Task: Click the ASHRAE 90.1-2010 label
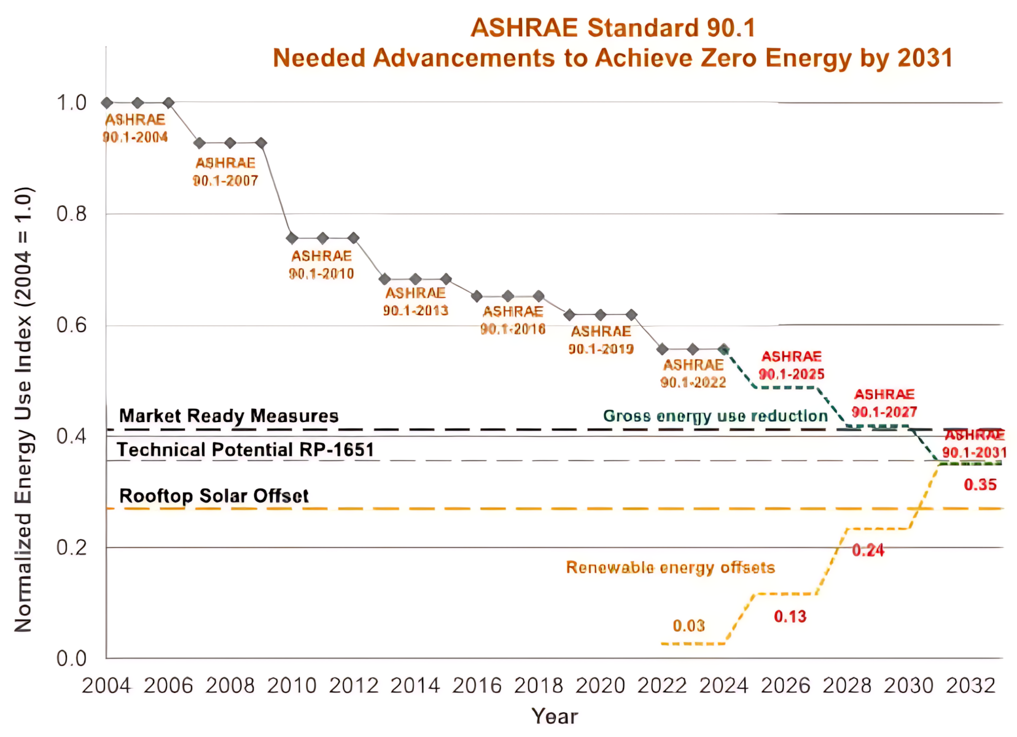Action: pos(321,265)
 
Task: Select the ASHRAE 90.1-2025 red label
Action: pos(791,365)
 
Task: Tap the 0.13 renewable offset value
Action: pos(790,617)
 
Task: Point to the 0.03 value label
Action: pos(688,626)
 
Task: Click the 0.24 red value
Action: pos(868,550)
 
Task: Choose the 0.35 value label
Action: pos(980,485)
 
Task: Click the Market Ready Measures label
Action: pos(228,416)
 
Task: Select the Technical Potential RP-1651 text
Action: pos(246,450)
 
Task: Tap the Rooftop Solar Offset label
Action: pos(214,496)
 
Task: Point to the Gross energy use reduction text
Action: pos(715,416)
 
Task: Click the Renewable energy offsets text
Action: pos(670,567)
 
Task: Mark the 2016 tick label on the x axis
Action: pos(477,685)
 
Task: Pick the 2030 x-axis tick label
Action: pos(909,685)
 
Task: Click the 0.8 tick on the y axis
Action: pos(71,214)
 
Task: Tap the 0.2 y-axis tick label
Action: pos(71,547)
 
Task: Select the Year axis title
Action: pos(555,716)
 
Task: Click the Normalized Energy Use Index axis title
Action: pos(23,409)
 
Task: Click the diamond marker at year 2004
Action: pos(107,103)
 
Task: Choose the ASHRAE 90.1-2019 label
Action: pos(601,340)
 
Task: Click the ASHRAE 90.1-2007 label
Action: pos(225,172)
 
